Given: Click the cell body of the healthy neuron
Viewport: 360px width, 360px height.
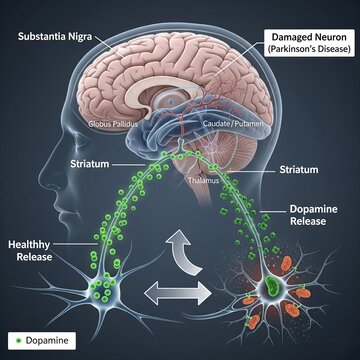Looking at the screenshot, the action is pyautogui.click(x=109, y=296).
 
